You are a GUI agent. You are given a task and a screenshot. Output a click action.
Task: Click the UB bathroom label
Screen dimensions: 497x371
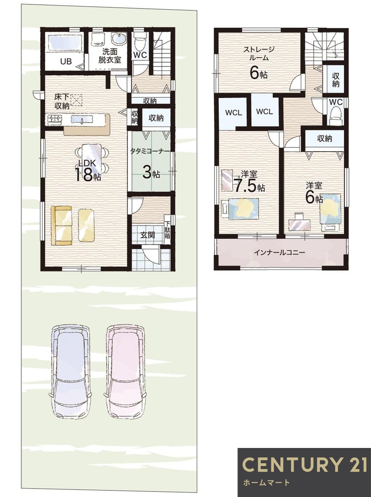point(66,62)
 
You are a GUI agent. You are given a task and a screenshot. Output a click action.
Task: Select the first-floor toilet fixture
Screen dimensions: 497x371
point(140,43)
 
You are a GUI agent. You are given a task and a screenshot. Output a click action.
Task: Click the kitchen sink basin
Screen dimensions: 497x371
point(83,120)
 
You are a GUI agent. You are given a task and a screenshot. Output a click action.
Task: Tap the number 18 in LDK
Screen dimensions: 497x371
point(83,175)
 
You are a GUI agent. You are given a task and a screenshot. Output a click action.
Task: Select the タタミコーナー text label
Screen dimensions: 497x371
point(150,152)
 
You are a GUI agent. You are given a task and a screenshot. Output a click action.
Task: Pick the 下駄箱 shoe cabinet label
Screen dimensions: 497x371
point(168,230)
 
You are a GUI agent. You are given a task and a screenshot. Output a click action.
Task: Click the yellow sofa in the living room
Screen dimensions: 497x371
point(61,225)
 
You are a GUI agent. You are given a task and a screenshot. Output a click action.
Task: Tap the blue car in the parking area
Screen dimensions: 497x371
point(70,371)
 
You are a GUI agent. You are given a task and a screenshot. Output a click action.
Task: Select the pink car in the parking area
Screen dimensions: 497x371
point(124,371)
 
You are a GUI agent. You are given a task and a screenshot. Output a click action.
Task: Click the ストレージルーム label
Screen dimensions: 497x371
point(259,53)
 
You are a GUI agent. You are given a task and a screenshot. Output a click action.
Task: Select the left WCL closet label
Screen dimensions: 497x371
point(233,112)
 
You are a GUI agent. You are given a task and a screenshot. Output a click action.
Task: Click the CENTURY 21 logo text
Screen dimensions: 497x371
point(304,465)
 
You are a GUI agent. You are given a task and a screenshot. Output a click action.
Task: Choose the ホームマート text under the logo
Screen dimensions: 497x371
point(266,483)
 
